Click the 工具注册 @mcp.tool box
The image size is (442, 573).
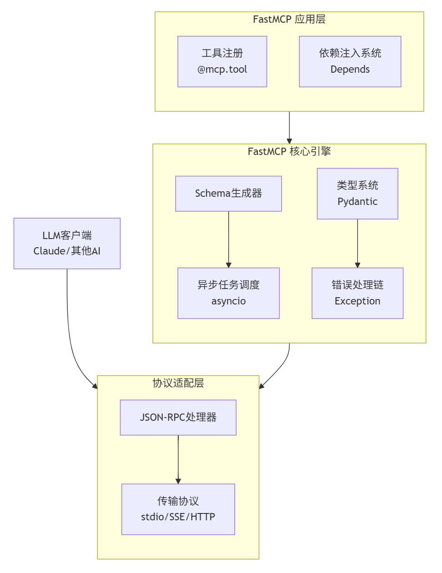[x=222, y=61]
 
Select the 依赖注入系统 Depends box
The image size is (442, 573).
[x=350, y=61]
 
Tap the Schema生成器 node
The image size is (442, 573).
[x=228, y=194]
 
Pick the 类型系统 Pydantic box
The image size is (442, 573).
[x=357, y=194]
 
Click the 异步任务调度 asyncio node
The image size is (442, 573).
[x=228, y=293]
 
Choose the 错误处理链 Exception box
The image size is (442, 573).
[x=357, y=293]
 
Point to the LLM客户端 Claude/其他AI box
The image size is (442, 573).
[x=67, y=243]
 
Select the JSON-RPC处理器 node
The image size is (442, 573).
[x=178, y=417]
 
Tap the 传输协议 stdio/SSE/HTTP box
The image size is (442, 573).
[x=178, y=509]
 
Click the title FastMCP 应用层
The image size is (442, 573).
[x=289, y=19]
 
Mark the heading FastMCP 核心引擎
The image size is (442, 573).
[x=289, y=151]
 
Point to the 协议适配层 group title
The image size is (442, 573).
[x=178, y=383]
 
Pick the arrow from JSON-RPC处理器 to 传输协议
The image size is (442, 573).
[x=178, y=459]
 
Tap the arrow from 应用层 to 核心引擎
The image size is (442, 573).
[x=289, y=127]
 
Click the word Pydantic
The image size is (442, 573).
[x=357, y=202]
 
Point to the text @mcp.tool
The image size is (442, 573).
[x=222, y=70]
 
